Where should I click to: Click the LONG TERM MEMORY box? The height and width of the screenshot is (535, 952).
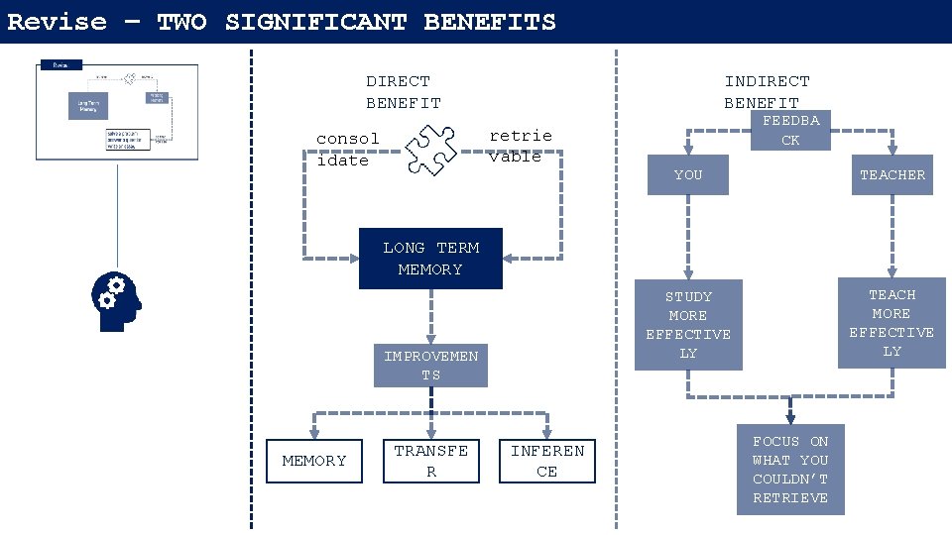coord(430,259)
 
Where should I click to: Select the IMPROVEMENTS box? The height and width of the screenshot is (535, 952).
coord(430,366)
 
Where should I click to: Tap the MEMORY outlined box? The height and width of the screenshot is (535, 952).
coord(314,461)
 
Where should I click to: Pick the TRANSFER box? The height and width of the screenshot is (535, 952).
coord(430,461)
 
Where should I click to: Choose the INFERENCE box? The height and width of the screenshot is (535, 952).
coord(547,461)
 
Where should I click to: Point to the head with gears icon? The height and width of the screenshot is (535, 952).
coord(115,300)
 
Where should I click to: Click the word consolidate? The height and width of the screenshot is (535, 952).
coord(347,150)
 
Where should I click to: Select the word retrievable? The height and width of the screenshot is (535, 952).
coord(520,146)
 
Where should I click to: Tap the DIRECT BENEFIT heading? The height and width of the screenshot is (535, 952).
coord(403,92)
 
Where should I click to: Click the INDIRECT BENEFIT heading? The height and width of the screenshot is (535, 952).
coord(767,92)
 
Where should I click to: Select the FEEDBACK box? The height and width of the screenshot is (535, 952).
coord(790,130)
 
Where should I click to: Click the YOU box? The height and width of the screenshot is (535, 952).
coord(687,175)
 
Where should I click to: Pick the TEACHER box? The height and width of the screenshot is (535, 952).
coord(892,175)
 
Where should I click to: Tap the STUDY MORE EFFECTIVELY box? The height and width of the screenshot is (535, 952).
coord(688,325)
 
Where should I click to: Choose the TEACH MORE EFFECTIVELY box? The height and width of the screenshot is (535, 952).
coord(892,323)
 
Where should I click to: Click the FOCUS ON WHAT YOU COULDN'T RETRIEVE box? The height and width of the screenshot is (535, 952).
coord(790,470)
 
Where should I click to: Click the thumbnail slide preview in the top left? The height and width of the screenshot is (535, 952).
coord(117,111)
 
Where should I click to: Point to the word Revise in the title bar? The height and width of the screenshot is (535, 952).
coord(57,22)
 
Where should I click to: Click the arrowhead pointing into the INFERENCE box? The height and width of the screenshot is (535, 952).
coord(547,433)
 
